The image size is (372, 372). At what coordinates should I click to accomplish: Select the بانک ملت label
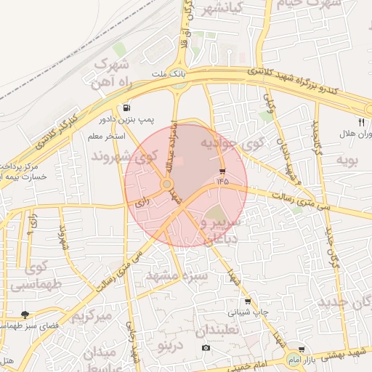coord(169,74)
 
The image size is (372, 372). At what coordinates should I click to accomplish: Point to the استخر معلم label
coord(107,137)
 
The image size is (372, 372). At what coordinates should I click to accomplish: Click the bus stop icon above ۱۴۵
coord(222,171)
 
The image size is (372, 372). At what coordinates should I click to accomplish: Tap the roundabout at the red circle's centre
coord(167,185)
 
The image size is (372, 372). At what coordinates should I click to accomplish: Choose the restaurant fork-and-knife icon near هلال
coord(361,122)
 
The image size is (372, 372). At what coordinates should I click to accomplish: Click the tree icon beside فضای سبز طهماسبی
coord(25,315)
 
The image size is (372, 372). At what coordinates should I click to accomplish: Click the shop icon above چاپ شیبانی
coord(247,302)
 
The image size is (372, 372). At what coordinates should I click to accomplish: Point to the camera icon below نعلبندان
coord(206,348)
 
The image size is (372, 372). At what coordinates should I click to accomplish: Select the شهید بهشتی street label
coord(343,353)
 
